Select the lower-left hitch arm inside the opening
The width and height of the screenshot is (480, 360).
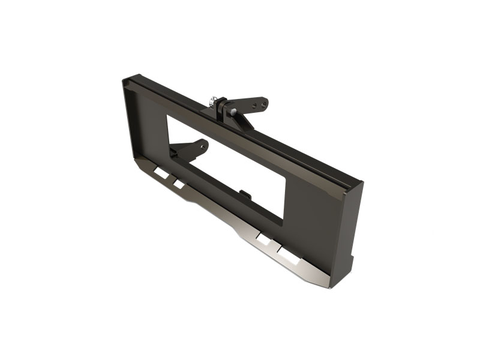click(191, 148)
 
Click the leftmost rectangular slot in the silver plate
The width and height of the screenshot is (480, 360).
click(161, 173)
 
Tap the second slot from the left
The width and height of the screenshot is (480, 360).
click(178, 183)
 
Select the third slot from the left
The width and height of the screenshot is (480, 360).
click(263, 238)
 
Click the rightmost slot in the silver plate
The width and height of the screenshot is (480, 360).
click(289, 254)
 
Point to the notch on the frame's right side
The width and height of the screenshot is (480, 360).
click(352, 262)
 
